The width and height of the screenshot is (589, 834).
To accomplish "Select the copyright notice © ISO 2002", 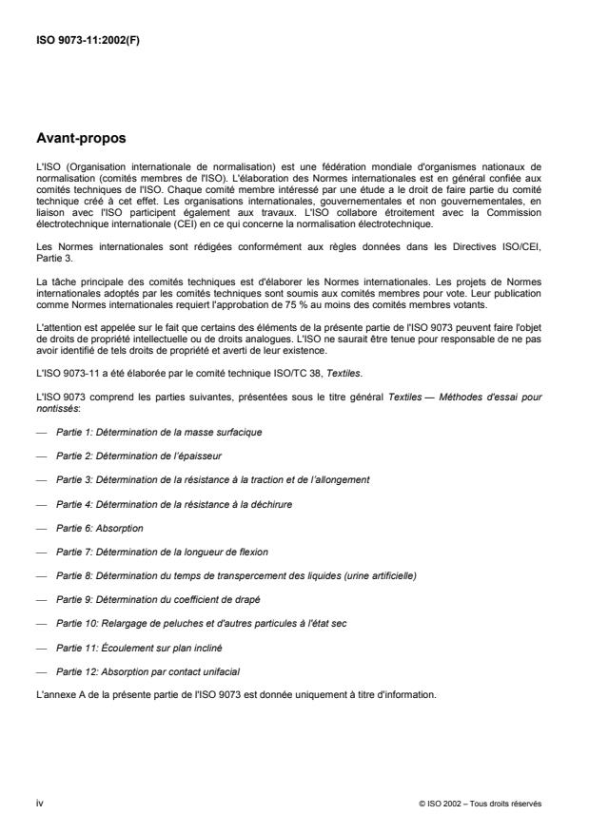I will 480,804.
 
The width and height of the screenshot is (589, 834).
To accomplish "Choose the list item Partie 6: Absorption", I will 99,528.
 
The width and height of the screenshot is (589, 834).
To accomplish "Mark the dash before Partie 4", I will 41,504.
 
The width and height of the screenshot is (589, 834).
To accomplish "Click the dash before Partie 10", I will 41,625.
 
